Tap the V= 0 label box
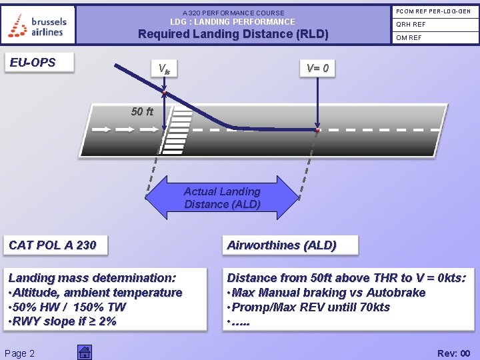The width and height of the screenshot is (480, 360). (x=317, y=68)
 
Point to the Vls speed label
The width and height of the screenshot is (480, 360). (x=163, y=68)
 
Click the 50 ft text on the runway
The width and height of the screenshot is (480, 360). (x=142, y=111)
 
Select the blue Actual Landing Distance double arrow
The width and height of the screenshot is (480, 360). (x=222, y=198)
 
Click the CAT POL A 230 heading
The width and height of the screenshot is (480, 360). (x=53, y=245)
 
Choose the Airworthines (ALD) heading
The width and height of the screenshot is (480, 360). (x=282, y=245)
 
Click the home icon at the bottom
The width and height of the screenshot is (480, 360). (x=84, y=353)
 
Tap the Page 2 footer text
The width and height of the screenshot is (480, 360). (x=19, y=353)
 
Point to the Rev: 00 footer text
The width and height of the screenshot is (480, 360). (x=453, y=353)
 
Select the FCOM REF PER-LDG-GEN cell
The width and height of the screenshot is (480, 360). (x=433, y=11)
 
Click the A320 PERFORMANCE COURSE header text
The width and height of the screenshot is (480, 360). (x=233, y=13)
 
